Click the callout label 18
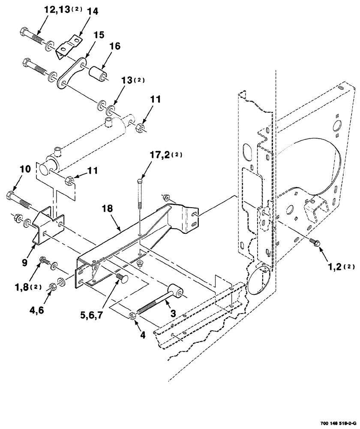(x=108, y=209)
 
